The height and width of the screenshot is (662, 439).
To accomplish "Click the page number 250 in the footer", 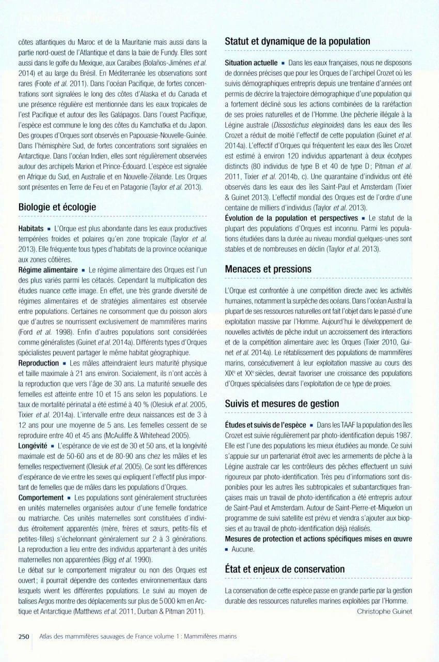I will click(23, 637).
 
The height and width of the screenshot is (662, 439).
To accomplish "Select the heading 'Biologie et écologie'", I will click(57, 207).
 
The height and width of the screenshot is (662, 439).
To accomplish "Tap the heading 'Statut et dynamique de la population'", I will click(297, 41).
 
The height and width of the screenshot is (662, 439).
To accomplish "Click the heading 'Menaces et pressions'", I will click(268, 269).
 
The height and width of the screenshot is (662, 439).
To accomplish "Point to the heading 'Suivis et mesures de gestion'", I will click(282, 403).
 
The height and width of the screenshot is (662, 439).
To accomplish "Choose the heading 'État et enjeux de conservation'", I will click(285, 569).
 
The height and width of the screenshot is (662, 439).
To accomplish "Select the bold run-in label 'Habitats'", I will click(31, 228).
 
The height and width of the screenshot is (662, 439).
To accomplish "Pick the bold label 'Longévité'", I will click(33, 445).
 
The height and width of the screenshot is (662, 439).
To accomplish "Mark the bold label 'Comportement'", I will click(41, 497).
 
